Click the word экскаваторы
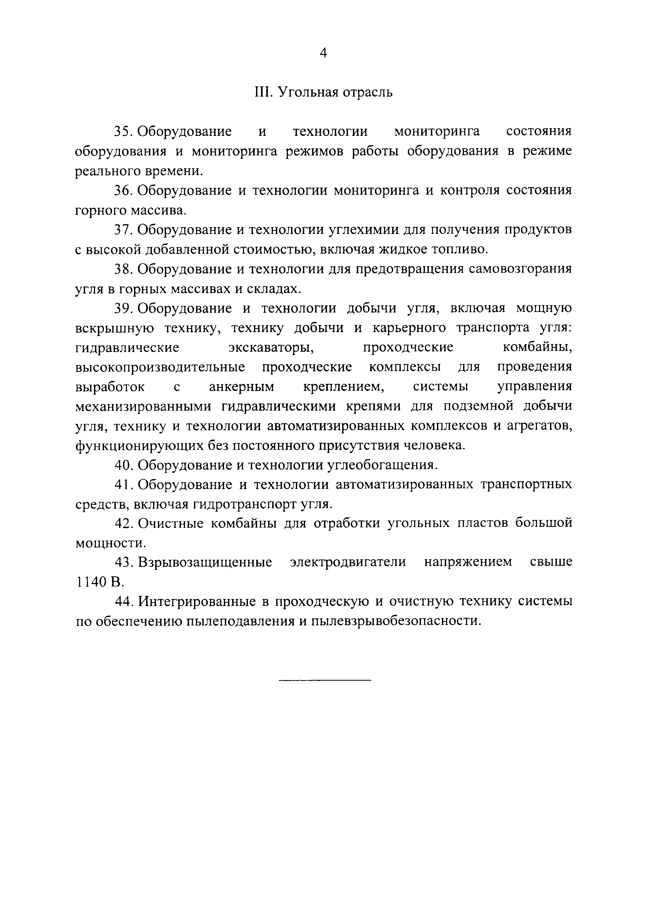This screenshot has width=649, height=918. click(271, 347)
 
